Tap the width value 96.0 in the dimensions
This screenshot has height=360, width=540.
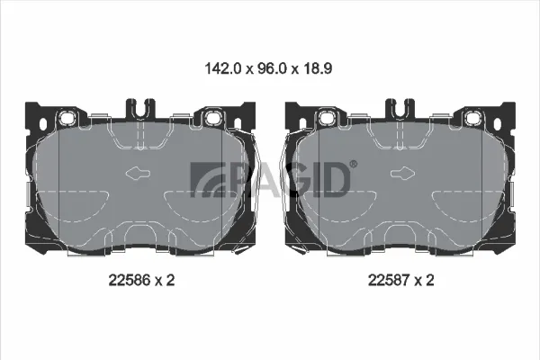(271, 68)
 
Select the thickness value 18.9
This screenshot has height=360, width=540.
(317, 68)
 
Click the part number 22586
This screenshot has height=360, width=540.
(130, 280)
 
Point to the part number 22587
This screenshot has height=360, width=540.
(389, 280)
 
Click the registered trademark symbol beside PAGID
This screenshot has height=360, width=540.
(354, 165)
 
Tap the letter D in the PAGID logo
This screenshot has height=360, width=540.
(335, 180)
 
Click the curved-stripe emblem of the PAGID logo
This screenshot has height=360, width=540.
(207, 180)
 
